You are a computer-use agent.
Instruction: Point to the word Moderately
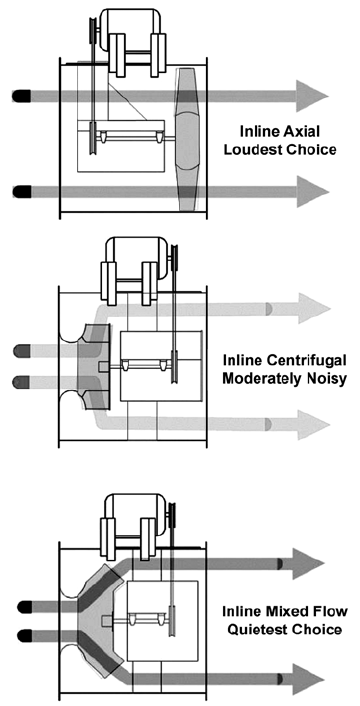(260, 379)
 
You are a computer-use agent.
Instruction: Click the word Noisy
(323, 379)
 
